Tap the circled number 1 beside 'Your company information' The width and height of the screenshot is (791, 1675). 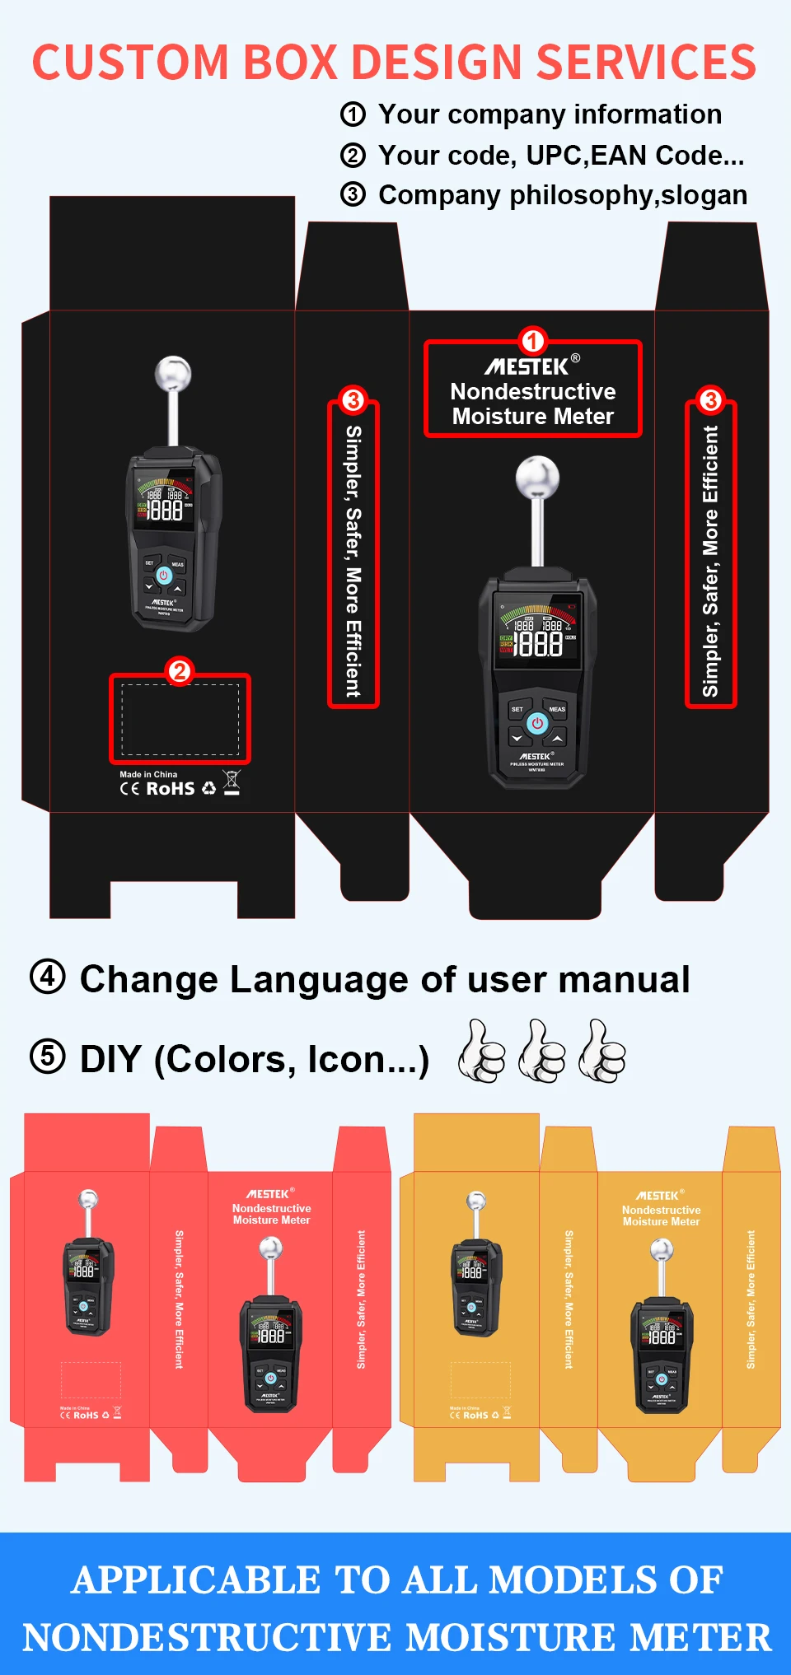353,114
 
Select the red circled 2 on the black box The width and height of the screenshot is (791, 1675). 180,670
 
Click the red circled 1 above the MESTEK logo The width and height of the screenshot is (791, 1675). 532,340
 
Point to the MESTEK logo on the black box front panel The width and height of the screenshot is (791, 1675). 527,366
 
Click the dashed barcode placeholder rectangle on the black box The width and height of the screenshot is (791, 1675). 180,719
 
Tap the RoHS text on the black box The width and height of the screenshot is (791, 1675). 171,789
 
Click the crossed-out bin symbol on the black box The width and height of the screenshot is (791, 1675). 232,782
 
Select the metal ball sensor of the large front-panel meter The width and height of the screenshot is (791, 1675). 537,478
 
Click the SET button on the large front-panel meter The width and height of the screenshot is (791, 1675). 517,709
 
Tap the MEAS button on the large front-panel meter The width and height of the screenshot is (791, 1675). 557,709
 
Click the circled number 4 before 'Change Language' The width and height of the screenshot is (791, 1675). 48,977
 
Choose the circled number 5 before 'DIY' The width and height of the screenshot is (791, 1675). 48,1057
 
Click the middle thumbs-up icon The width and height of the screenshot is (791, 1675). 542,1051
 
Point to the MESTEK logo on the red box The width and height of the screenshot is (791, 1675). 268,1194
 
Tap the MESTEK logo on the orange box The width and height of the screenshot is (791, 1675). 658,1196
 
